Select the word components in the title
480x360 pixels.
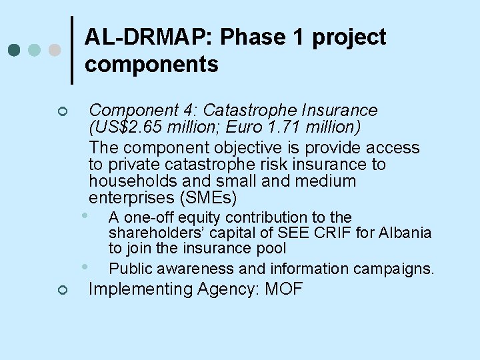[151, 64]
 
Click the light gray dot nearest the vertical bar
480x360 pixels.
[55, 50]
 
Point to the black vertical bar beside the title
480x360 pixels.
[72, 50]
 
